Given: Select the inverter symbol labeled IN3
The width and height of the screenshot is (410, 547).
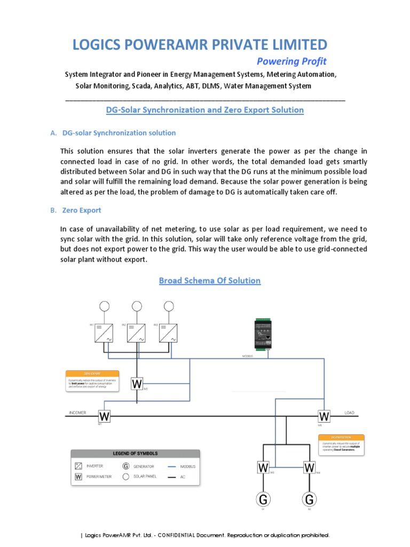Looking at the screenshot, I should point(169,333).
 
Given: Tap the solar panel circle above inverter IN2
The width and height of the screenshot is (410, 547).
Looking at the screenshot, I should point(137,306).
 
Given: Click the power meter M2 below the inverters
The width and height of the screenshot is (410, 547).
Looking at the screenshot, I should point(137,384).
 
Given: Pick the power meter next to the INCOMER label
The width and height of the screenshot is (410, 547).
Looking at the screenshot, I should point(104,416).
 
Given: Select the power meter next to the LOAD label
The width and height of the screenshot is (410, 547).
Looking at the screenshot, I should point(324,416).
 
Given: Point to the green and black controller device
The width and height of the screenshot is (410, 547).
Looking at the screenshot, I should point(262,334).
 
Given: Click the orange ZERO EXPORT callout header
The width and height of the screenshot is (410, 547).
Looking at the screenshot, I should point(92,373).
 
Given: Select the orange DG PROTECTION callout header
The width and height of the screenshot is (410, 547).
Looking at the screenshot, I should point(342,437).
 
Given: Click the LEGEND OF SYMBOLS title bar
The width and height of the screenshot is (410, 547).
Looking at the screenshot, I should point(135,454).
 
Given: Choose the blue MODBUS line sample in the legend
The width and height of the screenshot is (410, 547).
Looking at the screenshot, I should point(172,466).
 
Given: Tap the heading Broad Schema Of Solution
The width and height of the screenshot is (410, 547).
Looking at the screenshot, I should point(210,280).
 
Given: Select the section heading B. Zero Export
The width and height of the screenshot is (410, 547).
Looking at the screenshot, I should point(76,210).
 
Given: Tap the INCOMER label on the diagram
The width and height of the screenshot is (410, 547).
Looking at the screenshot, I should point(77,413).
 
